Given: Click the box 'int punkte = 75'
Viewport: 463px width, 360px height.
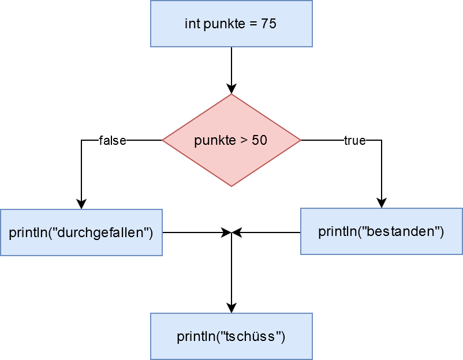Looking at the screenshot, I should (231, 24).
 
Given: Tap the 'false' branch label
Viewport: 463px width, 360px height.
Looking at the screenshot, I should (113, 140).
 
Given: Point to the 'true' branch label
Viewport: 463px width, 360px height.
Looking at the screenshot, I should (354, 140).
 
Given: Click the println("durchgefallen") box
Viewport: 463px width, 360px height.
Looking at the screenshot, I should (81, 232).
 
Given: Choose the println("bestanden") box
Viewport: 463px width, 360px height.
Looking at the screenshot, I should (381, 231).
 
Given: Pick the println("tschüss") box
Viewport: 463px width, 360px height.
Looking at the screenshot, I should (231, 336).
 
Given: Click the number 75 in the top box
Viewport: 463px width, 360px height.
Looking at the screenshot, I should (269, 24).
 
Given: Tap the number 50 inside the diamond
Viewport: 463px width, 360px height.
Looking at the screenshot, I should (259, 140).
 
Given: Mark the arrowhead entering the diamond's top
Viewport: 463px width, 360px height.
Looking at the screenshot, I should (231, 89).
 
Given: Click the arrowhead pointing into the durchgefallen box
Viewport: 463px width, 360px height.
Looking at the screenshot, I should (81, 204).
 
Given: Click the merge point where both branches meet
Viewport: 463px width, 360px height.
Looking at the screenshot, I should (231, 232).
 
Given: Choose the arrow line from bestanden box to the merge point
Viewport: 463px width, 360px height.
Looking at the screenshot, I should (268, 232).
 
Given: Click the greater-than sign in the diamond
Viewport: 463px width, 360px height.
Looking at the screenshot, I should (242, 140).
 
